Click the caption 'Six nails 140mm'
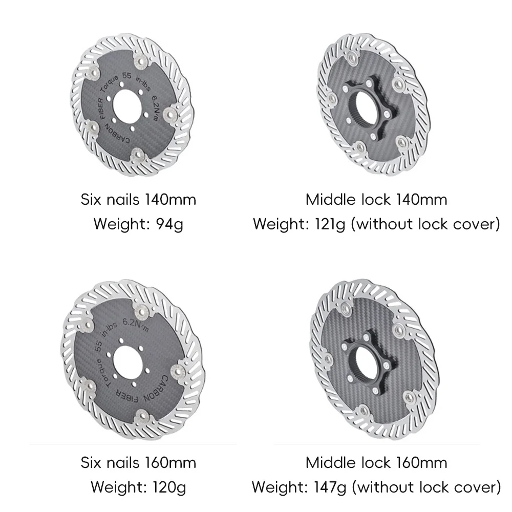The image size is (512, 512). point(138,200)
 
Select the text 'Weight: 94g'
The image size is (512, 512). point(138,224)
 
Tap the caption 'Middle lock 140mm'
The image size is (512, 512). point(376,200)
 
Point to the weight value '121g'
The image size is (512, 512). point(330,224)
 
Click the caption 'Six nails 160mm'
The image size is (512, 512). point(138,463)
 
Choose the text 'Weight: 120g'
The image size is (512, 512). point(138,487)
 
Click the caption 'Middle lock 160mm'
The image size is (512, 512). point(376,463)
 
